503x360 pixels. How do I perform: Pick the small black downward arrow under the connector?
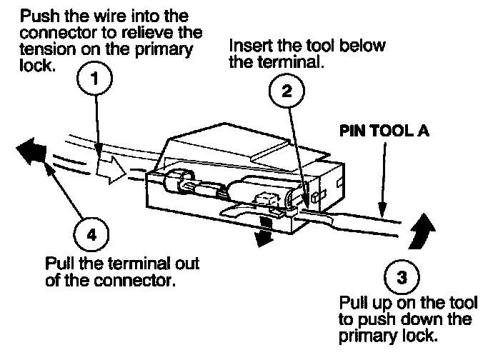pos(265,234)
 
